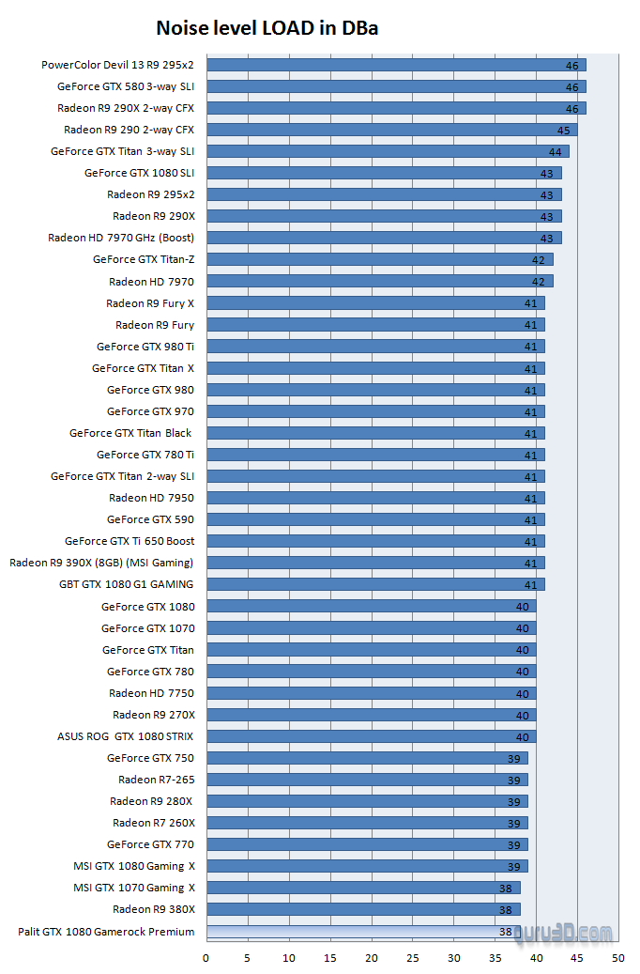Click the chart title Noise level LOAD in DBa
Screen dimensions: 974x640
coord(267,28)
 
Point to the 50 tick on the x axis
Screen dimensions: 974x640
coord(617,958)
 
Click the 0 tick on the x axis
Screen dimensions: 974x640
coord(206,958)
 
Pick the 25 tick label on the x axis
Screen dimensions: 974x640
coord(412,958)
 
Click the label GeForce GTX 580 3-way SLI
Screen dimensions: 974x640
coord(126,86)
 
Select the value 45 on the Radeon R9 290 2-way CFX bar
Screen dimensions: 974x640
coord(564,131)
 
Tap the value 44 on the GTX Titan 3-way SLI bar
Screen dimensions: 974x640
coord(556,152)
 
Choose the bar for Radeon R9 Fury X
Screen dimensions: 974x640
coord(375,302)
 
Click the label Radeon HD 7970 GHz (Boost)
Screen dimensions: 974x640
coord(121,238)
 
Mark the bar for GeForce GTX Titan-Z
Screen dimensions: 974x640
coord(379,259)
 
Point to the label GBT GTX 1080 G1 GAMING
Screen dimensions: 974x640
coord(126,584)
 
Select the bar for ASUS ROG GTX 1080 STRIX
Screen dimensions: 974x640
coord(371,736)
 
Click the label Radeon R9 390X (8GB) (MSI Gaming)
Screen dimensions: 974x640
coord(101,563)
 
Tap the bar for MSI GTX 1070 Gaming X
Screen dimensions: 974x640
coord(362,888)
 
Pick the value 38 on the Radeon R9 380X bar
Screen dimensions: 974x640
coord(506,910)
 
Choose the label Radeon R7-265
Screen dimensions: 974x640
coord(156,780)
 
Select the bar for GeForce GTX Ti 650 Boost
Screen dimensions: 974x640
coord(375,541)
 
